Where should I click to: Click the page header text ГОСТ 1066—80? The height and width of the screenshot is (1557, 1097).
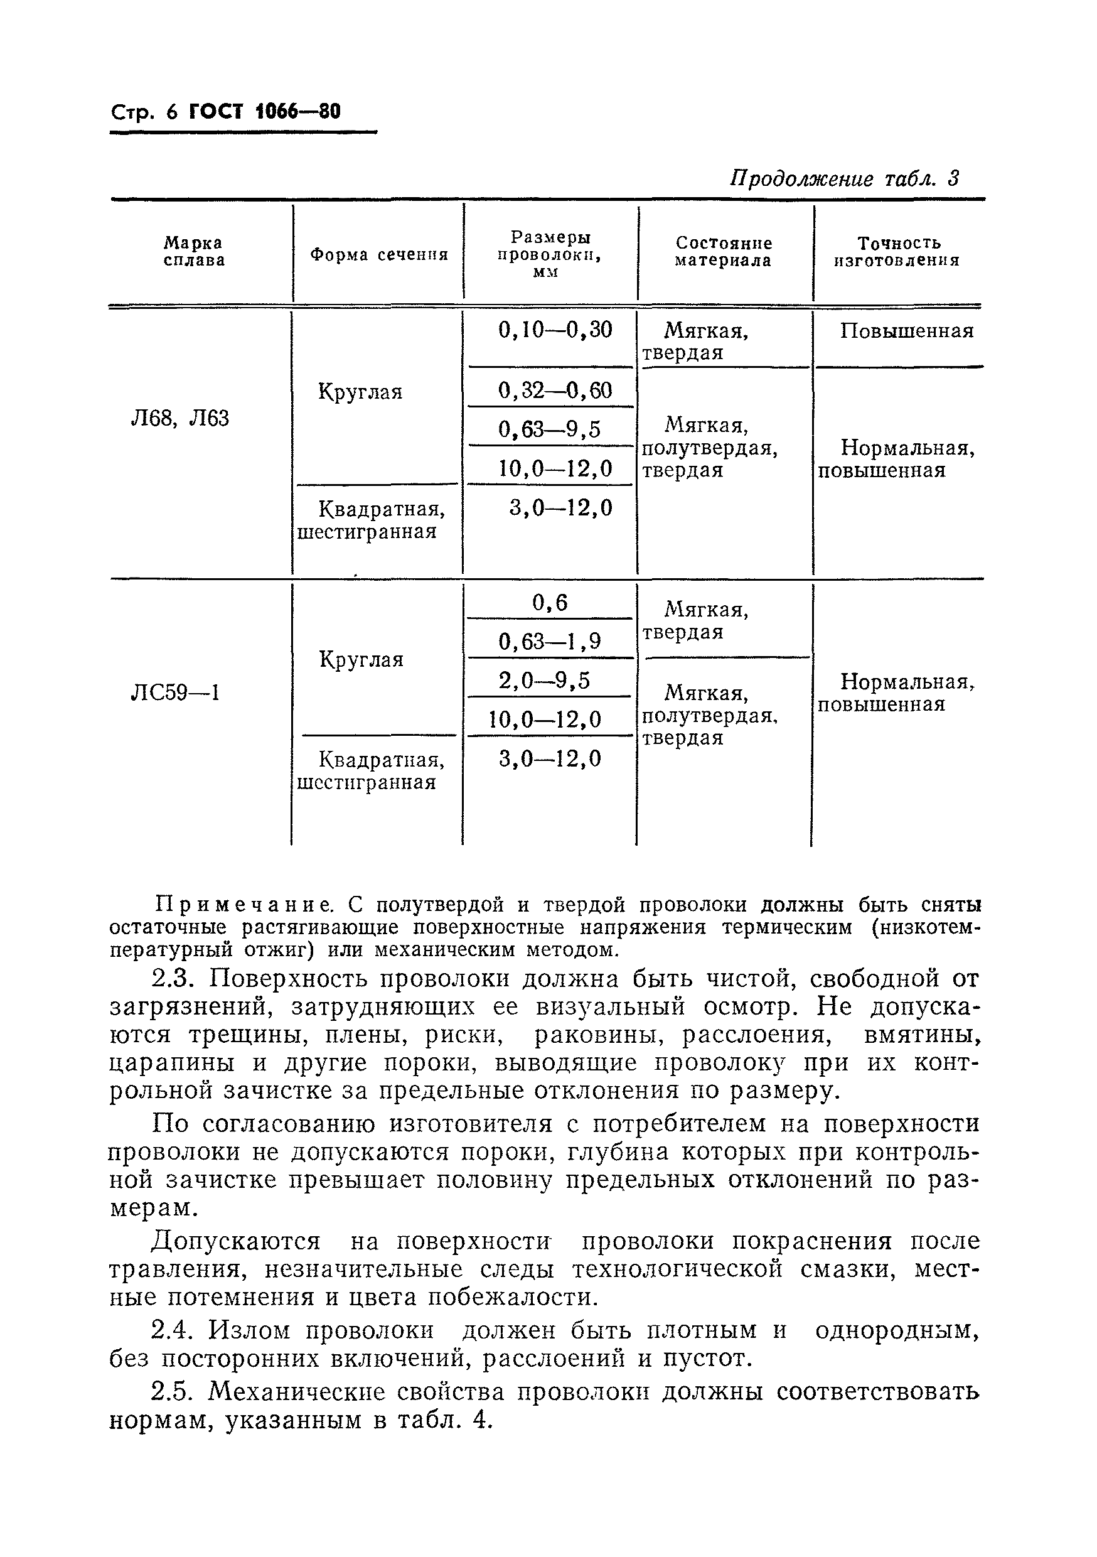(264, 112)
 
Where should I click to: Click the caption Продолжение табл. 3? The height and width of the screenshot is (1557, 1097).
(844, 179)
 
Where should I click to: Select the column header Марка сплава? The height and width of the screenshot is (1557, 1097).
(194, 252)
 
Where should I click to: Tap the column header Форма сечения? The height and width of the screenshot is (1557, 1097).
(379, 255)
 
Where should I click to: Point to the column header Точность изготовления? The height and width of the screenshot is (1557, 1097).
(897, 252)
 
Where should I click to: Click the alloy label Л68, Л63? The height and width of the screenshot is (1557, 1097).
(179, 418)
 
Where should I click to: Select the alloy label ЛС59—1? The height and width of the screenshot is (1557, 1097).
(175, 693)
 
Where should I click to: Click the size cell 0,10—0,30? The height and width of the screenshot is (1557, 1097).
(555, 330)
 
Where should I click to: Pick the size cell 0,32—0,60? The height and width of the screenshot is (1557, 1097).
(555, 390)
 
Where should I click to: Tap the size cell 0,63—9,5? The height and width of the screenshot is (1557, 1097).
(549, 429)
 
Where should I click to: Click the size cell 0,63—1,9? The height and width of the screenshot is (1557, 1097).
(549, 641)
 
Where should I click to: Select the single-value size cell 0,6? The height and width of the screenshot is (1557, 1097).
(549, 602)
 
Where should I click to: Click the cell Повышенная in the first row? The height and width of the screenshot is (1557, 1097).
(906, 331)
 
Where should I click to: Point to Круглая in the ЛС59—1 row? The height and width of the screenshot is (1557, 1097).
(361, 659)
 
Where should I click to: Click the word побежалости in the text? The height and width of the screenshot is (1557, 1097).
(513, 1297)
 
